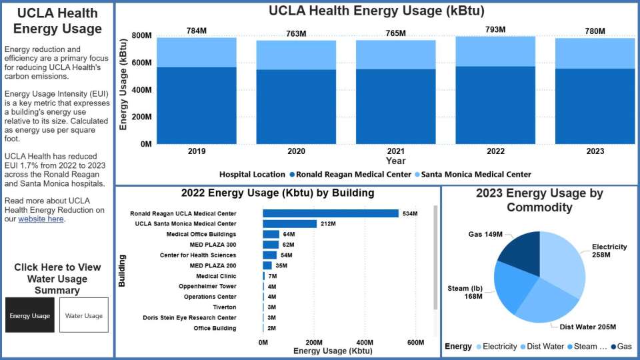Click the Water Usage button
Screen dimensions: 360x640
(x=84, y=315)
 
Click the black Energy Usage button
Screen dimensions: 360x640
(x=30, y=315)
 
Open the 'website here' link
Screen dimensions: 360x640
(x=41, y=219)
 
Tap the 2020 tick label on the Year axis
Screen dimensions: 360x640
(x=296, y=151)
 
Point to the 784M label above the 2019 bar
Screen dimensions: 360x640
(x=197, y=31)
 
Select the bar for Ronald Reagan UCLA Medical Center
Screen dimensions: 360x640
(x=331, y=213)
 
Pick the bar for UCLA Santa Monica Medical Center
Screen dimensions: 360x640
(x=289, y=224)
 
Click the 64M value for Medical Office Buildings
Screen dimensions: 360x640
(x=289, y=235)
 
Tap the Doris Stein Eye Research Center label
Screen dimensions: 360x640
(x=189, y=318)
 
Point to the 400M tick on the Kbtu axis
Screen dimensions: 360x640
(x=365, y=342)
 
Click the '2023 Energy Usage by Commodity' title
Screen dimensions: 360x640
(x=539, y=200)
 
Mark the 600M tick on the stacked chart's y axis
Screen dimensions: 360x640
(x=141, y=63)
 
